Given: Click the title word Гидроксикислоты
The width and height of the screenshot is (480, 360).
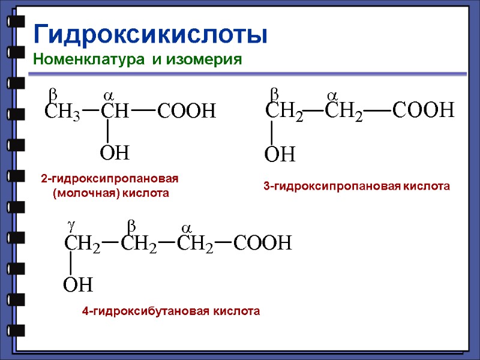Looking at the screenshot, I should tap(150, 34).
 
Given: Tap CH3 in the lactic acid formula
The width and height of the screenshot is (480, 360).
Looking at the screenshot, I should tap(62, 112).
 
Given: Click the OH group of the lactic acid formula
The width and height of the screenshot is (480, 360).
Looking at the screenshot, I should tap(115, 154).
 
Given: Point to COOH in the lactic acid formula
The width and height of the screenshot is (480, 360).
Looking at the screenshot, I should tap(186, 111).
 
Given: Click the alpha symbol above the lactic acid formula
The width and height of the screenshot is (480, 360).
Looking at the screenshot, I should tap(109, 96).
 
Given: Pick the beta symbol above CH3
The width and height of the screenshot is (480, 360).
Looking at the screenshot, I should tap(52, 94).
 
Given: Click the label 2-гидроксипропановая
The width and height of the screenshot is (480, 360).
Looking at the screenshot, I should tap(110, 179).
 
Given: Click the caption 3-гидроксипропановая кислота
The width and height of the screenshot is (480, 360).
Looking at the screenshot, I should tap(356, 187).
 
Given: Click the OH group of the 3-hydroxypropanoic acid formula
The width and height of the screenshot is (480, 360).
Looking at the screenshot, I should tap(280, 155).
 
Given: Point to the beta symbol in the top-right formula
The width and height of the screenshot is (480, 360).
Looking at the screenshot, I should tap(274, 94).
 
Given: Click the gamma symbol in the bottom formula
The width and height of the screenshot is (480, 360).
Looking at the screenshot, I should tap(71, 224).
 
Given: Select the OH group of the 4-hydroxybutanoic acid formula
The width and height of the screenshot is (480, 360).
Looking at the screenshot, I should tap(79, 284).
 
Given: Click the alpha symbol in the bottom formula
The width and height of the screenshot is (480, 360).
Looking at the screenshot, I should tap(186, 229).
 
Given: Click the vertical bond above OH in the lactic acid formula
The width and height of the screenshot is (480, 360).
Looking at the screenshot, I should tap(107, 131).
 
